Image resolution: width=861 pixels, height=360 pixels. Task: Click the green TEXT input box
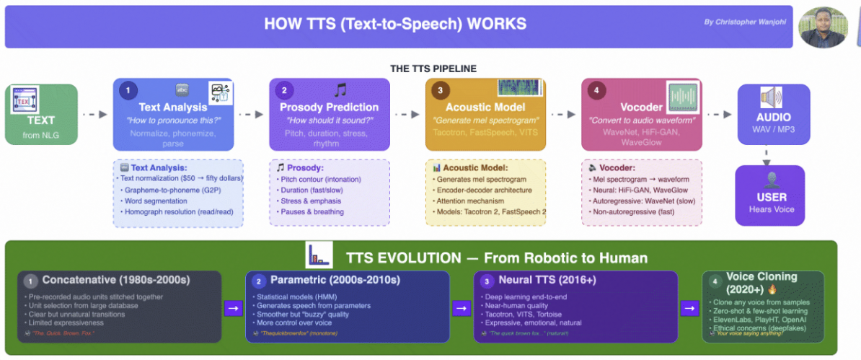pyautogui.click(x=41, y=114)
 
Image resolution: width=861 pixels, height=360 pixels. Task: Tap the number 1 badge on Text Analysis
pyautogui.click(x=128, y=91)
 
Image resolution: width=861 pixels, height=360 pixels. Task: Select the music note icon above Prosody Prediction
pyautogui.click(x=340, y=90)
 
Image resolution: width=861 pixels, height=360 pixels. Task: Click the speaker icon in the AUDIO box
pyautogui.click(x=771, y=98)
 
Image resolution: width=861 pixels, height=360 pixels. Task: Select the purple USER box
pyautogui.click(x=772, y=195)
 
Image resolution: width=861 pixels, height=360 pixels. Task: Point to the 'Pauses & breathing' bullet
pyautogui.click(x=313, y=212)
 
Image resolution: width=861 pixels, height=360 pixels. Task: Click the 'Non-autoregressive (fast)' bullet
pyautogui.click(x=633, y=212)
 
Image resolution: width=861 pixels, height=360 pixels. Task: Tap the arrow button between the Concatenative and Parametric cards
pyautogui.click(x=233, y=308)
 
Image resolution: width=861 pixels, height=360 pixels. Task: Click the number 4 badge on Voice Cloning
pyautogui.click(x=714, y=281)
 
